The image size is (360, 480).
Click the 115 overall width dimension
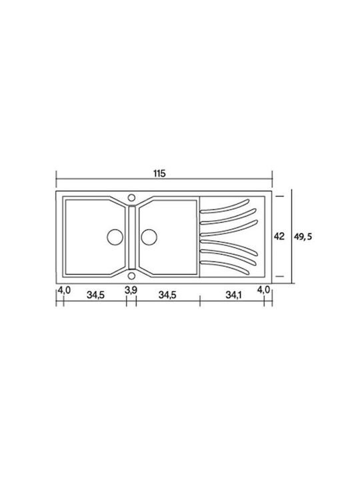pyautogui.click(x=159, y=173)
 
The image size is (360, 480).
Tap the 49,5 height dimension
pyautogui.click(x=303, y=237)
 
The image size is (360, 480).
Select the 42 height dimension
pyautogui.click(x=279, y=236)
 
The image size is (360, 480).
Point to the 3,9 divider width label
pyautogui.click(x=131, y=290)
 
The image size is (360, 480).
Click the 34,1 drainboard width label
pyautogui.click(x=233, y=295)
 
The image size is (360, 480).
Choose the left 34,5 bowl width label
pyautogui.click(x=95, y=295)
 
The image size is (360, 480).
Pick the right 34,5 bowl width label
pyautogui.click(x=167, y=295)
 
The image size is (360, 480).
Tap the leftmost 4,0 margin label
pyautogui.click(x=64, y=289)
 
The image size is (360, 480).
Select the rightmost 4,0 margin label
pyautogui.click(x=263, y=289)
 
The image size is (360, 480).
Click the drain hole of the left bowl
pyautogui.click(x=115, y=237)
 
